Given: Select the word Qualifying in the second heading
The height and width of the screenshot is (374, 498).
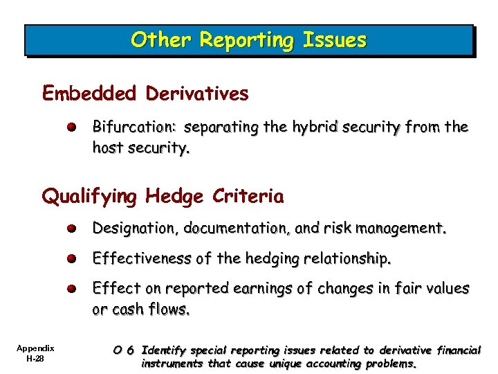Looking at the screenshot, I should click(x=89, y=197).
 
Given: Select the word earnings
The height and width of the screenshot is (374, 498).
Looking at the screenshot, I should click(x=260, y=288).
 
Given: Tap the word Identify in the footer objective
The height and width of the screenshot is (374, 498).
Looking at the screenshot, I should click(x=161, y=350).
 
